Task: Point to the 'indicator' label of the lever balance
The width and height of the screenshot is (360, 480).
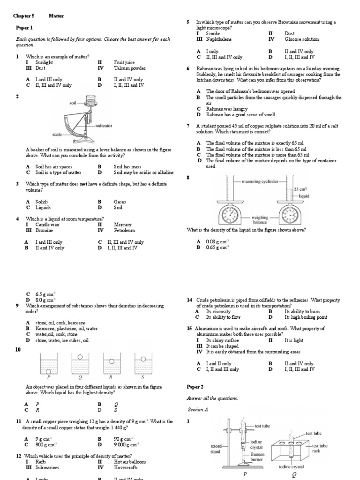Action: click(104, 126)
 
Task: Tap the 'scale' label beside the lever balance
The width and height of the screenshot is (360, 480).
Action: click(57, 135)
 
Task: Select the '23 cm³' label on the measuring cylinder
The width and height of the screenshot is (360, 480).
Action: click(300, 189)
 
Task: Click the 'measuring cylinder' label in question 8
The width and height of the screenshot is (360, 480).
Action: click(260, 181)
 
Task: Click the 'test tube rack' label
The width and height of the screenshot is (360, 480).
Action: click(320, 448)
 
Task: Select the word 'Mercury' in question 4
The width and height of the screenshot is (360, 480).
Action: click(123, 225)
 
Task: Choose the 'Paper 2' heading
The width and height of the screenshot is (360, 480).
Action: click(195, 387)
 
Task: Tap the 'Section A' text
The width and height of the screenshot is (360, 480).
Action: click(197, 409)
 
